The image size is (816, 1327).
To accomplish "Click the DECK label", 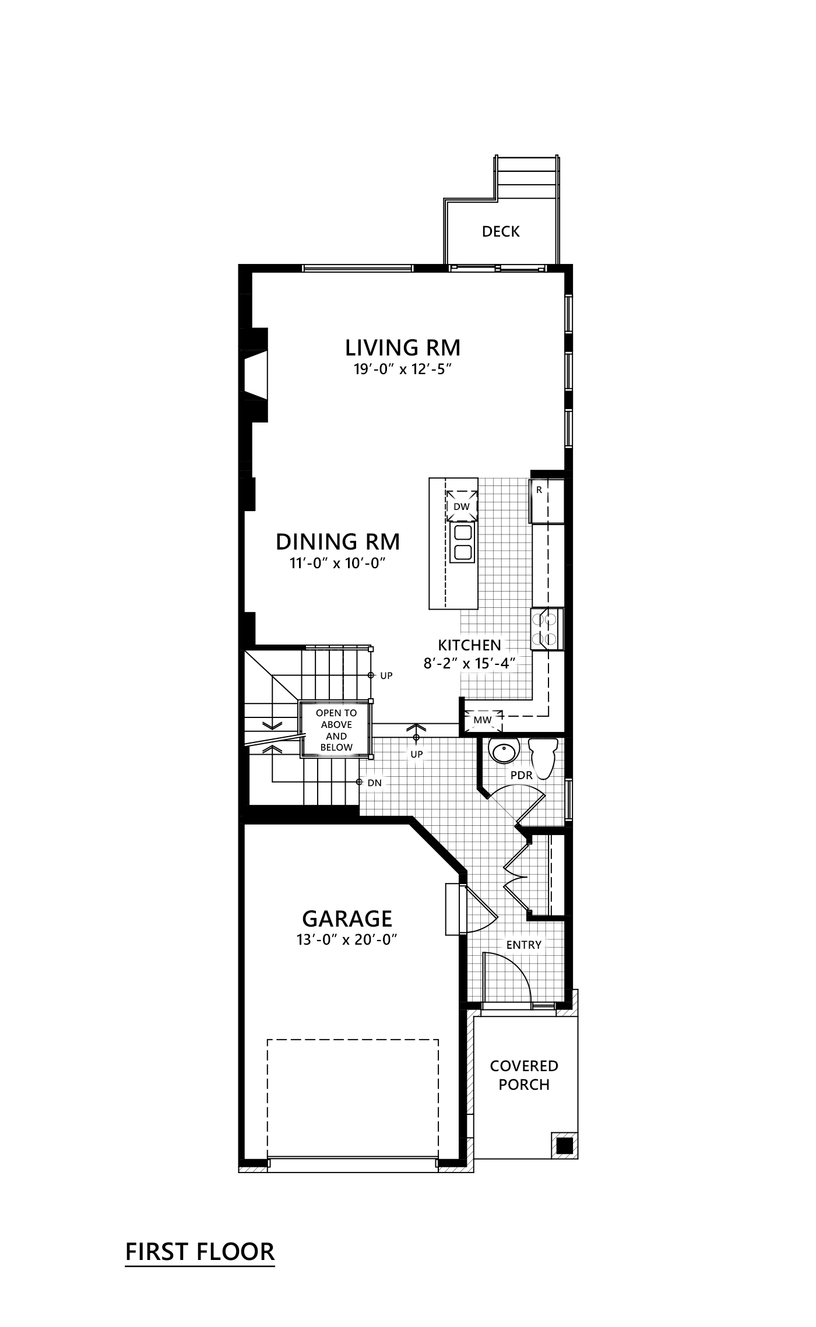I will click(x=500, y=232).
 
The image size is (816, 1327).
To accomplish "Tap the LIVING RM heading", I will click(x=403, y=348).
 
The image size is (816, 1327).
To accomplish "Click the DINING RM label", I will click(x=338, y=542).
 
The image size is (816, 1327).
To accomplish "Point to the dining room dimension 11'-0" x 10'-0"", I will click(x=338, y=564).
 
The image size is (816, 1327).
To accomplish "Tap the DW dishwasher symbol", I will click(x=462, y=506).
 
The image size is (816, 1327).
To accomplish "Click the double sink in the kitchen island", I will click(x=463, y=543).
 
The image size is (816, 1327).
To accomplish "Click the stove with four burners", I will click(x=547, y=629).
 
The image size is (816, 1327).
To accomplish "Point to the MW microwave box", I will click(x=483, y=720).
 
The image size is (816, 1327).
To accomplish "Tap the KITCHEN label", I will click(x=470, y=645).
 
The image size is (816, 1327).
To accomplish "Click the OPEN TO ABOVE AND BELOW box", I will click(x=336, y=730).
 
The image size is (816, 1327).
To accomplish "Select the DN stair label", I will click(x=374, y=783).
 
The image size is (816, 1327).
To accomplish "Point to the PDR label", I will click(x=522, y=776).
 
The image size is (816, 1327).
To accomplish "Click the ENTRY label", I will click(x=523, y=945).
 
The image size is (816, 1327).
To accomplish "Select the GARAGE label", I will click(x=347, y=919).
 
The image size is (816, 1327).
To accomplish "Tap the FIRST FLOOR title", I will click(x=200, y=1251).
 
